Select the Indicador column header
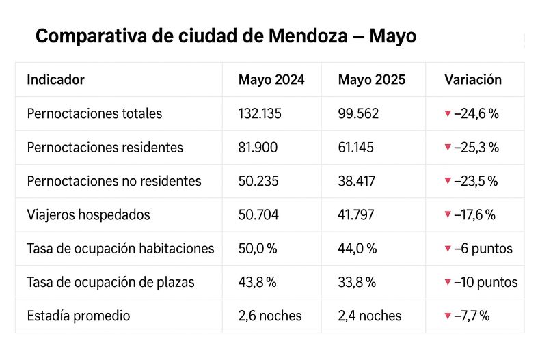(55, 79)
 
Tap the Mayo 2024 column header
(271, 79)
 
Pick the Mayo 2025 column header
(371, 79)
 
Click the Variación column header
(473, 79)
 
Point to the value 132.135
(260, 113)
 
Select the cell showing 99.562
(358, 113)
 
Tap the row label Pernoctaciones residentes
(105, 147)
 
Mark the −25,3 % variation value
(476, 147)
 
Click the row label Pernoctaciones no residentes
(114, 181)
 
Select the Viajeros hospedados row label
(88, 214)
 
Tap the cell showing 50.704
(259, 214)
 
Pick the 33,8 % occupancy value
(357, 282)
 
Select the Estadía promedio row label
(79, 316)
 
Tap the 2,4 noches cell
(370, 316)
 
